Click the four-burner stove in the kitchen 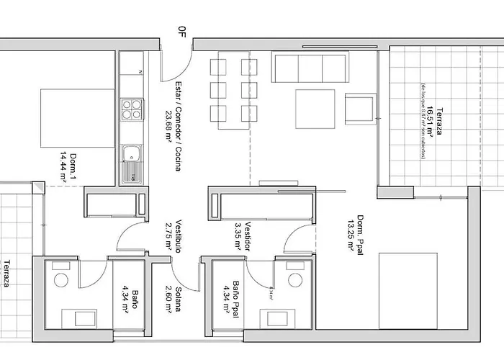tap(132, 109)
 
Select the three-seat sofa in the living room tap(310, 68)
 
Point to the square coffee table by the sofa tap(315, 109)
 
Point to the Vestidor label tap(247, 234)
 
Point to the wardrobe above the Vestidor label tap(261, 202)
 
